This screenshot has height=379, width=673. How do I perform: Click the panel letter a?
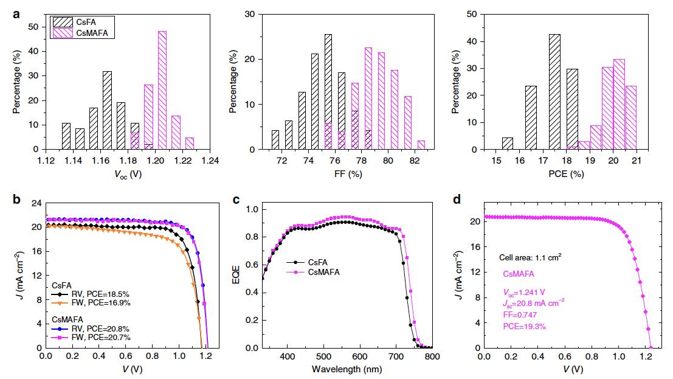click(x=19, y=12)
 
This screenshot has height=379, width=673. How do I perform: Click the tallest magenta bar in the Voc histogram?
click(x=162, y=90)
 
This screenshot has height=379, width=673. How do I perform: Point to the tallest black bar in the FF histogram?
click(x=328, y=92)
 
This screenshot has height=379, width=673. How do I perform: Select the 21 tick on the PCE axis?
click(x=635, y=161)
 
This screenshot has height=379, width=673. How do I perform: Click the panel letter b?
click(x=19, y=200)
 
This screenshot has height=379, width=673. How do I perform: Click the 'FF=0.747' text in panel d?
click(x=519, y=315)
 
